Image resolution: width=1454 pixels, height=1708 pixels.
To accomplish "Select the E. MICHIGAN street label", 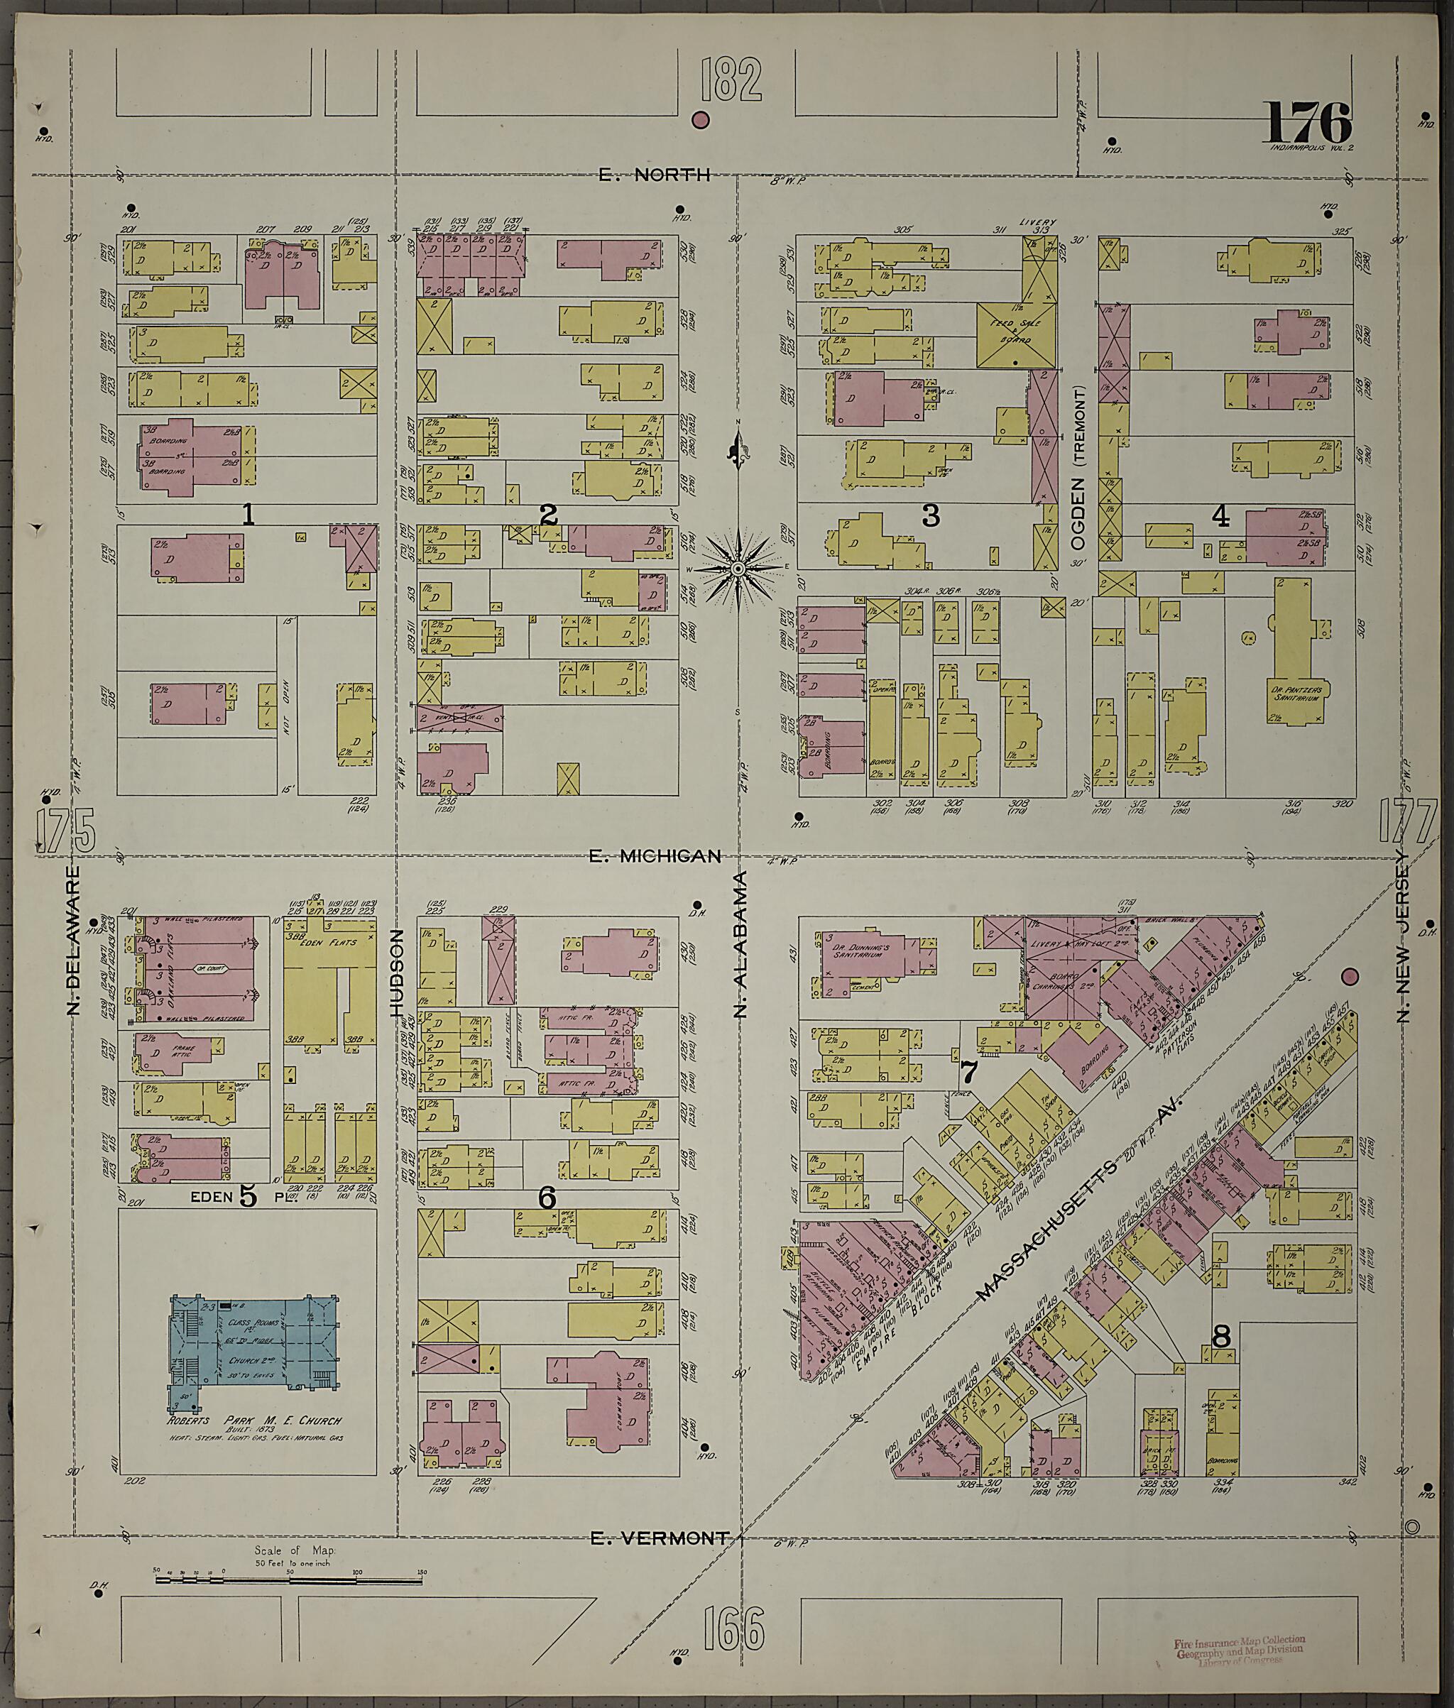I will tap(656, 856).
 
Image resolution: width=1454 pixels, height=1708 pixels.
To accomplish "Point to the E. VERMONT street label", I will tap(660, 1538).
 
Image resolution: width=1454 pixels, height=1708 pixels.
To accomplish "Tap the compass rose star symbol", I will tap(738, 569).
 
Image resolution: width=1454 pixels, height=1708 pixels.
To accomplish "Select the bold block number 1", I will tap(247, 515).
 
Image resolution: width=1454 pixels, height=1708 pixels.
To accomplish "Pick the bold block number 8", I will tap(1222, 1336).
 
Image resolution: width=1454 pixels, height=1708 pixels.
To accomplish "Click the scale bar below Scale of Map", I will tap(288, 1580).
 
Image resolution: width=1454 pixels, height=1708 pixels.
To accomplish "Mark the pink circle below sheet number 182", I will tap(701, 121).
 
